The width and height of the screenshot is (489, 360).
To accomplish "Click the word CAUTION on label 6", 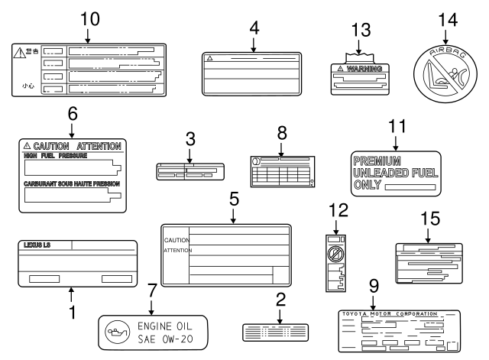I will click(x=50, y=145).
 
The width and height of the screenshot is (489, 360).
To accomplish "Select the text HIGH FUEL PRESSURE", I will click(x=54, y=155).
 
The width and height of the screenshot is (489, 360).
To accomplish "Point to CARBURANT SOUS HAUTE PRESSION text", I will click(x=71, y=184).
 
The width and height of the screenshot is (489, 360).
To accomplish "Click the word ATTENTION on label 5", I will click(x=177, y=250).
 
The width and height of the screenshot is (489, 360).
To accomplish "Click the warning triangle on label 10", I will click(x=18, y=52).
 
